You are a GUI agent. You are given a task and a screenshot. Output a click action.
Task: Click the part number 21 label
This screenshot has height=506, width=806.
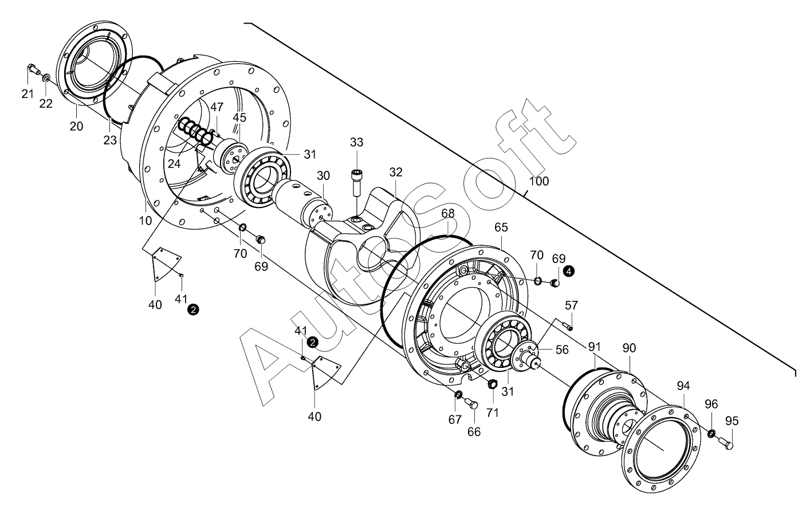pos(27,95)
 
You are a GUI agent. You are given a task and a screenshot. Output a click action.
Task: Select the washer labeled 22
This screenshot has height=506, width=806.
pos(46,78)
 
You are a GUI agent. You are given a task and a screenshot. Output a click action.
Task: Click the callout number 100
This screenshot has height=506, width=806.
pos(539,181)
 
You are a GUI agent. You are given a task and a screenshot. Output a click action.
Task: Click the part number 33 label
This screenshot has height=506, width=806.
pos(356,142)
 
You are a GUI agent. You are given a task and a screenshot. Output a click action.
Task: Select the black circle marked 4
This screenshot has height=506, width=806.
pos(569,272)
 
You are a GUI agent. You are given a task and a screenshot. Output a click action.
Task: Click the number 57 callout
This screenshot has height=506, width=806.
pos(571,305)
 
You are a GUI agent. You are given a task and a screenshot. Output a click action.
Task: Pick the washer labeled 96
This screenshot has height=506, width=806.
pos(711,434)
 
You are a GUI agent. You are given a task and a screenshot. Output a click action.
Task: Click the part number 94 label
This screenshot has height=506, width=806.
pos(683,386)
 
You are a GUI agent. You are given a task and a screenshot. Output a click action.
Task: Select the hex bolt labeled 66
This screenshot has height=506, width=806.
pos(471,403)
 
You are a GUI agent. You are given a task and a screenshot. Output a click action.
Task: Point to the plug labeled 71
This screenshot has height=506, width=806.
pos(491,384)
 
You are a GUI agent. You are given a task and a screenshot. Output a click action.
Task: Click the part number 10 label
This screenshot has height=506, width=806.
pos(146,221)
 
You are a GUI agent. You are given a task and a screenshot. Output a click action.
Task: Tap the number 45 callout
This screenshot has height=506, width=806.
pos(239,117)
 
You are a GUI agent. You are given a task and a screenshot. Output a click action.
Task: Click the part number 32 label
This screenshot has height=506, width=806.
pos(396,172)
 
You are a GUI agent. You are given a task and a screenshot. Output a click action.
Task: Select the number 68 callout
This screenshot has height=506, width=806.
pos(448,213)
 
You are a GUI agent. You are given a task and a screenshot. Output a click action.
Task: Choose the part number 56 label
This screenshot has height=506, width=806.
pos(562,350)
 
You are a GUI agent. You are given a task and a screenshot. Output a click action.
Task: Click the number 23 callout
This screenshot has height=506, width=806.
pos(110,140)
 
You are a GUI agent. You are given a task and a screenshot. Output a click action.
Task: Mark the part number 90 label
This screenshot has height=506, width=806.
pos(630,348)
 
